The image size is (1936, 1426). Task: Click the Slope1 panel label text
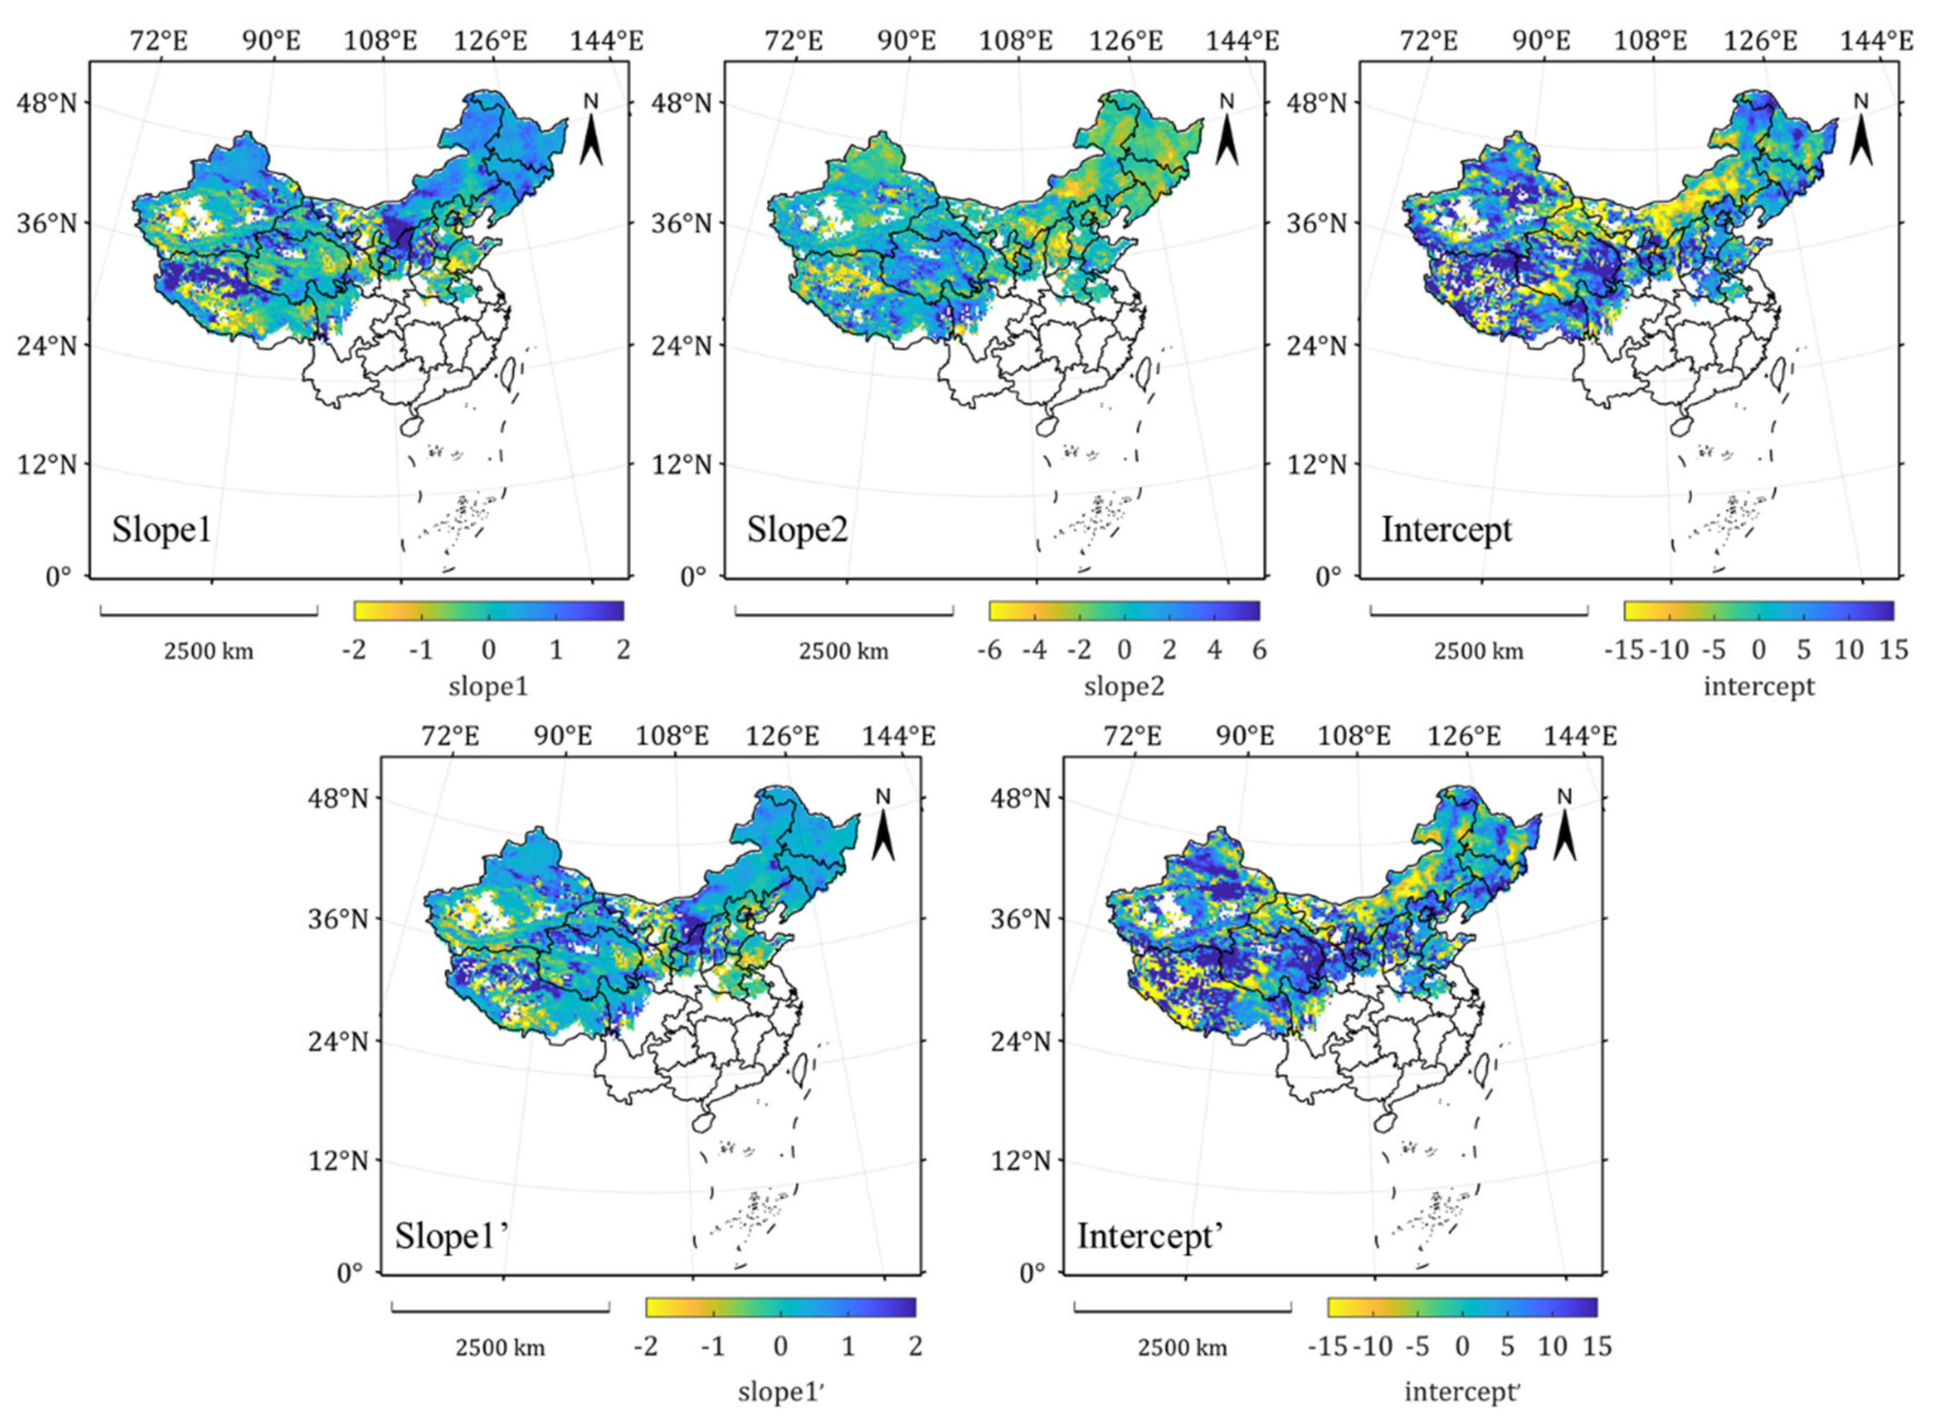coord(161,529)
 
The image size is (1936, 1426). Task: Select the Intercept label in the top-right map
coord(1446,529)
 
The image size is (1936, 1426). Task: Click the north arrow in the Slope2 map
coord(1226,138)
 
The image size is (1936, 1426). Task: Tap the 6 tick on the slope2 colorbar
coord(1259,650)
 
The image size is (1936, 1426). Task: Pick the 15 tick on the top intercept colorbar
coord(1893,650)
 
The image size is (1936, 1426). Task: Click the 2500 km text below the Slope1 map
coord(209,651)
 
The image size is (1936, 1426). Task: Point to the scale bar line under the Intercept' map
coord(1183,1308)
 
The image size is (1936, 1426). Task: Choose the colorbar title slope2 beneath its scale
coord(1124,687)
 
